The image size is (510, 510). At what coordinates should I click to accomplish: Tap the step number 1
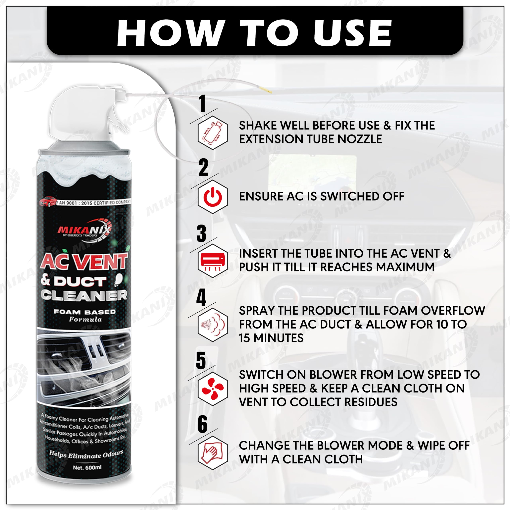[x=202, y=104]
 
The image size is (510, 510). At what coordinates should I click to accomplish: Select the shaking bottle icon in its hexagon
[x=213, y=133]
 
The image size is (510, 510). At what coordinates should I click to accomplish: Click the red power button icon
[x=213, y=197]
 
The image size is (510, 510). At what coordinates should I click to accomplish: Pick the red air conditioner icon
[x=213, y=261]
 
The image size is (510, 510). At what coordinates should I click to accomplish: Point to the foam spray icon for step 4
[x=213, y=325]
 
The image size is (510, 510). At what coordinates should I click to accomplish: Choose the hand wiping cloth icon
[x=213, y=453]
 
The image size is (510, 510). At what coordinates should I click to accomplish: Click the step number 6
[x=202, y=425]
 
